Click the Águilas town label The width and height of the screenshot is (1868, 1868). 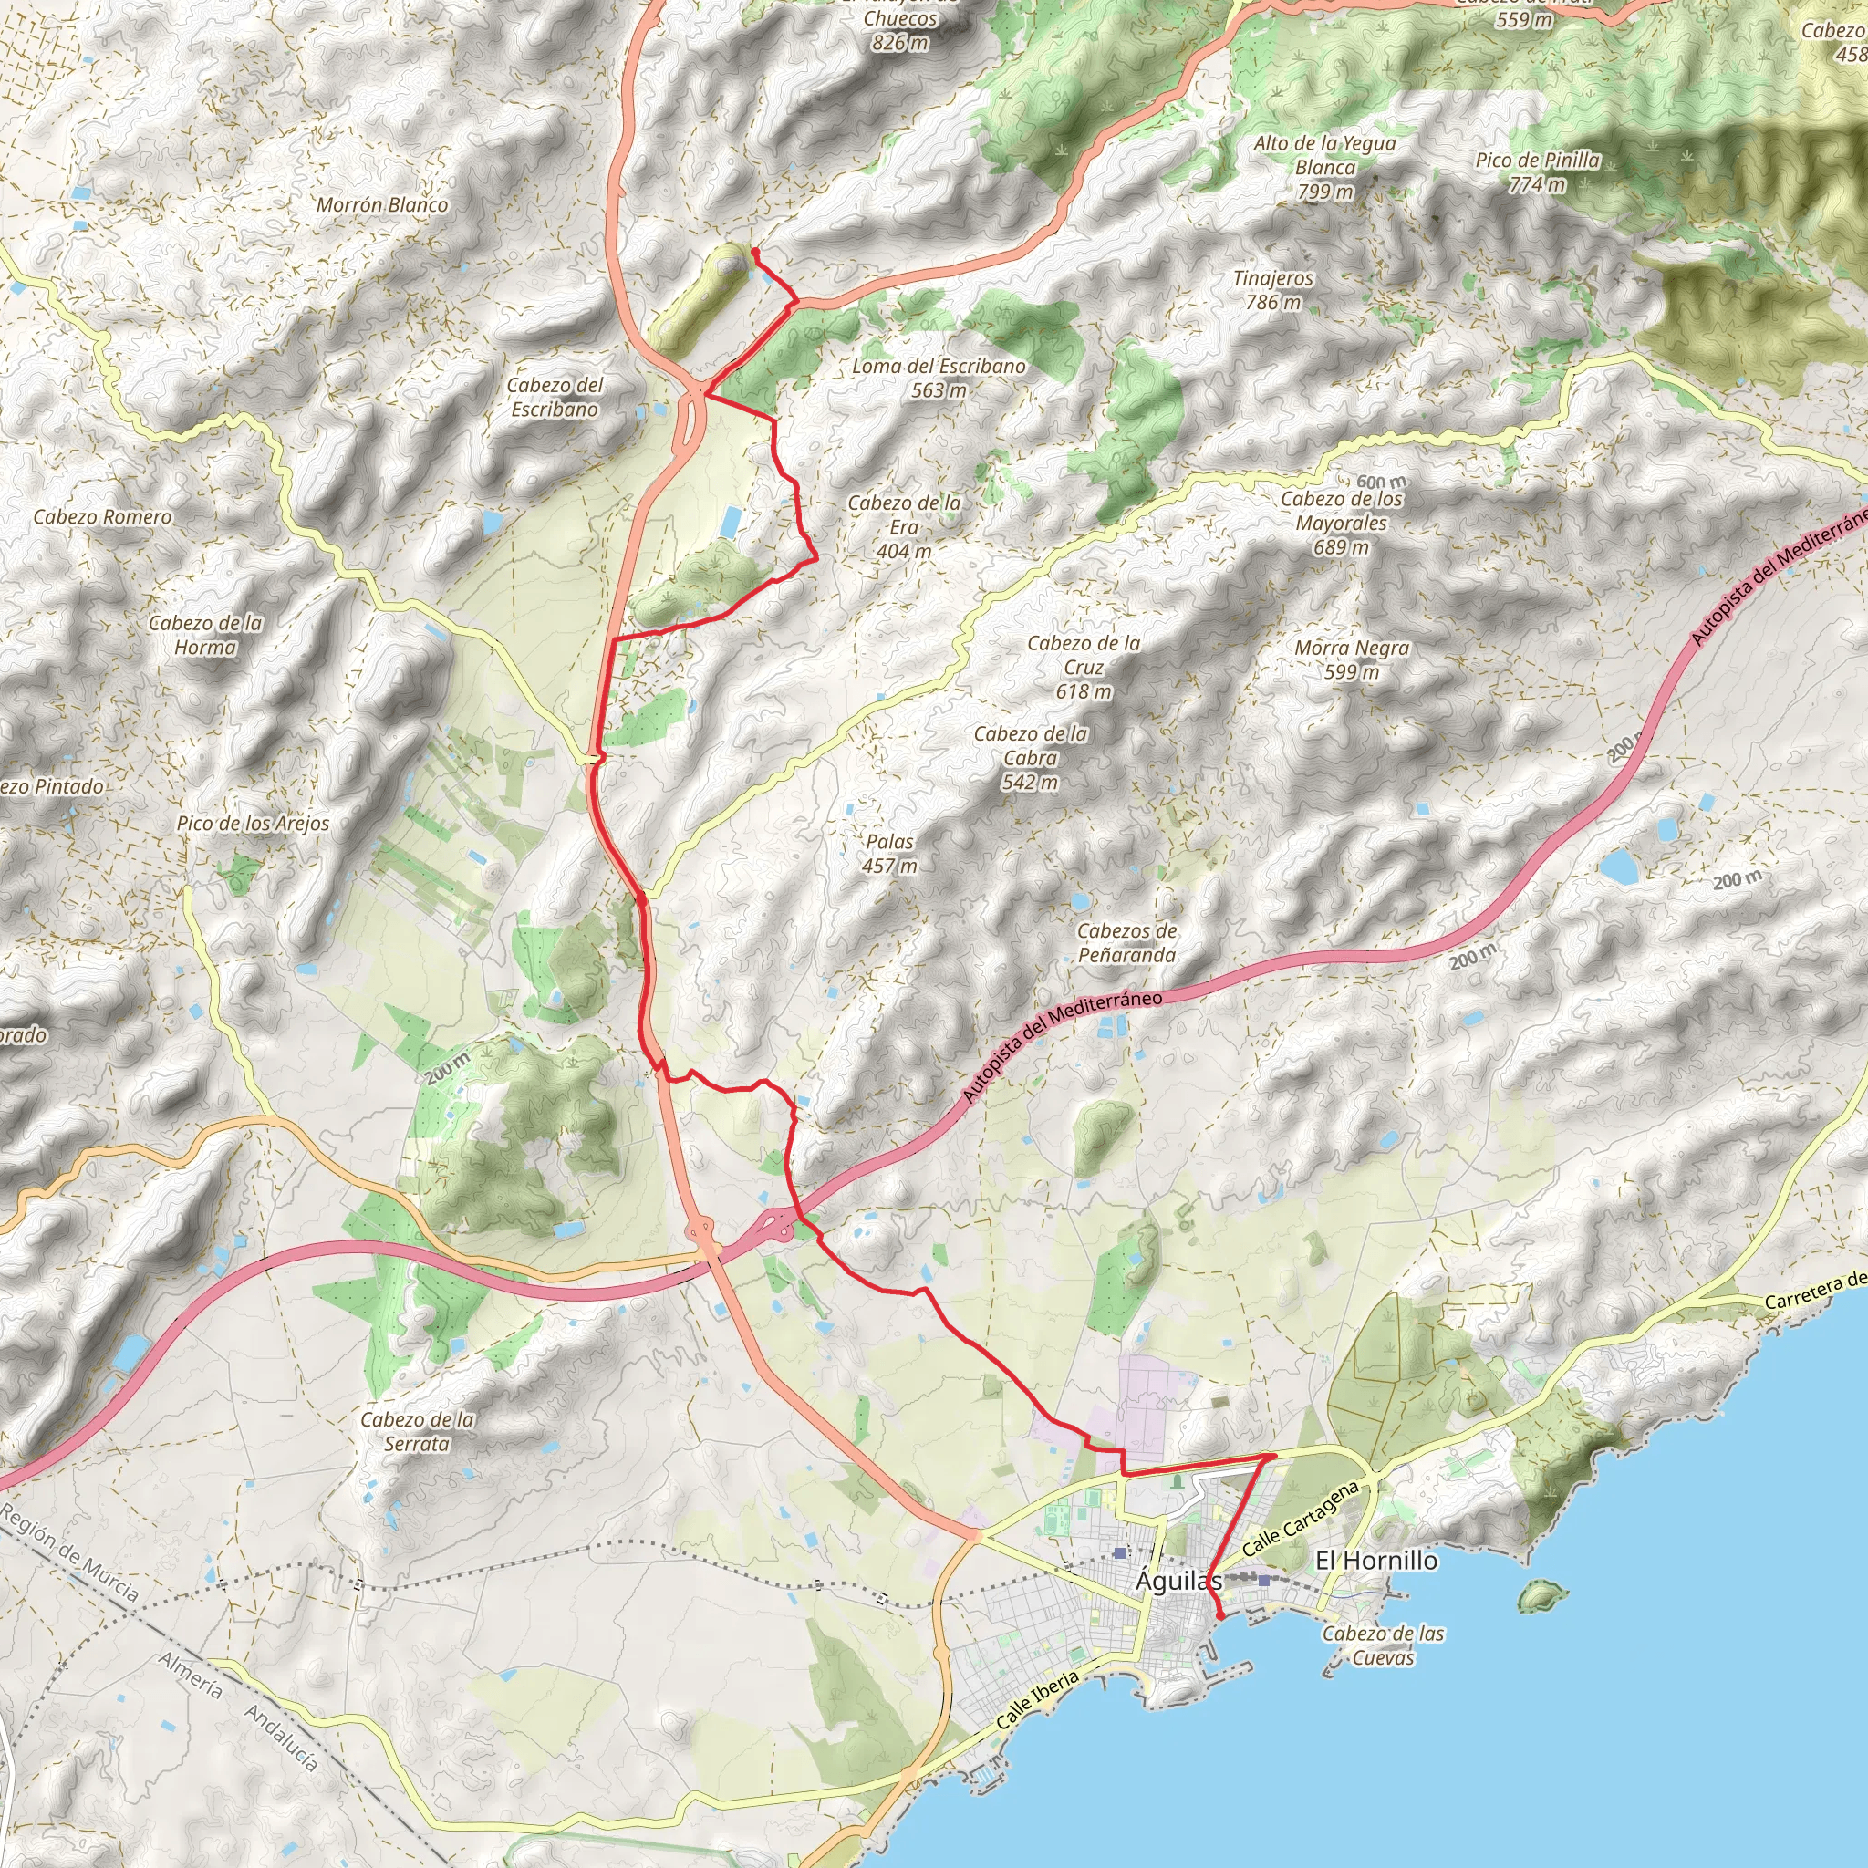(1178, 1581)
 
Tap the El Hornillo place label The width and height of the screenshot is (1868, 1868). (1375, 1560)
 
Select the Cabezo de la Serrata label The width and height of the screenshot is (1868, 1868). (417, 1431)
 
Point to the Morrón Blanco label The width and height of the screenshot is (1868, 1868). (383, 205)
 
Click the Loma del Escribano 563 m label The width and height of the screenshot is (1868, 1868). (938, 378)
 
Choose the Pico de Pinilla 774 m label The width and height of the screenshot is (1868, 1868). (1537, 172)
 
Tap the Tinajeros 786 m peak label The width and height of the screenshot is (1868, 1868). (1273, 290)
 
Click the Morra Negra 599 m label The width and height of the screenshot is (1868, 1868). (1352, 659)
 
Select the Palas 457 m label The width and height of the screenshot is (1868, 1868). (889, 854)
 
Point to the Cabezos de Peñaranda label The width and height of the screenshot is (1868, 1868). (1126, 943)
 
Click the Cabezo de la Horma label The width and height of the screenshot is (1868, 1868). (205, 635)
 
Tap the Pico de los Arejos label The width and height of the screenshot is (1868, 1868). (253, 824)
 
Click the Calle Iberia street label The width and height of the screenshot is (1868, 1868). (1036, 1701)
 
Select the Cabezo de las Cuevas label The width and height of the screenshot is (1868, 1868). (1383, 1645)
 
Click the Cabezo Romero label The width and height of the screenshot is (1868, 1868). (102, 517)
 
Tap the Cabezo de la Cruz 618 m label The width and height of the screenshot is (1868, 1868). (1084, 667)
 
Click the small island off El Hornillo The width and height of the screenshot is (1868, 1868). (1541, 1594)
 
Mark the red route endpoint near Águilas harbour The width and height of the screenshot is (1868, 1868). (1221, 1615)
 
